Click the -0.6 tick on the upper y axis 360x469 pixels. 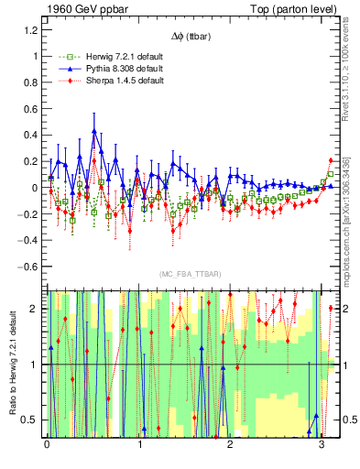[27, 267]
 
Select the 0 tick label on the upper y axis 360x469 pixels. [35, 188]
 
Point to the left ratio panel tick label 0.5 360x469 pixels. [30, 420]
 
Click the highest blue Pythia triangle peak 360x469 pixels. [93, 131]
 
